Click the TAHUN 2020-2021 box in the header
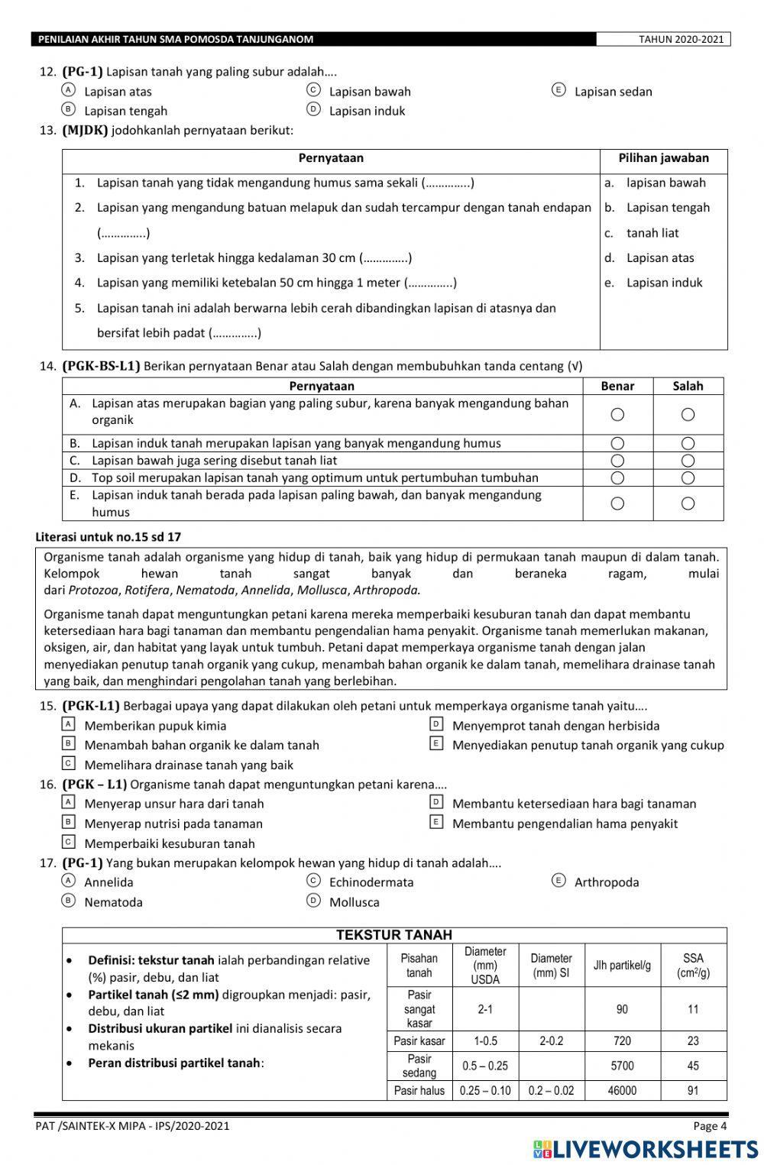point(663,40)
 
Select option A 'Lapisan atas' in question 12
point(69,91)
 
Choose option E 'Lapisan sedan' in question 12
point(558,91)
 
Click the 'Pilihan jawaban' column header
point(663,159)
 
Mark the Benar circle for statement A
point(617,415)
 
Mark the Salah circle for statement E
point(688,503)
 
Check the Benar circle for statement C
point(617,461)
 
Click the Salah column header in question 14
point(688,387)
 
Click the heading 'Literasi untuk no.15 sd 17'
point(108,537)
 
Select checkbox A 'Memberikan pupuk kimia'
point(69,724)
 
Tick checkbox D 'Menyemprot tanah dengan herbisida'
point(436,724)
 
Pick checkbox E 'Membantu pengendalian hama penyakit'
point(436,823)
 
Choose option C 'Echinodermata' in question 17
point(313,882)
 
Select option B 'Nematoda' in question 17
point(69,901)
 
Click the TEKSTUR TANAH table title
point(394,935)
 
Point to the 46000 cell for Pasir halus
point(622,1091)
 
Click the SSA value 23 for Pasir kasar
point(693,1040)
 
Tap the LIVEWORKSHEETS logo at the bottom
point(646,1149)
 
